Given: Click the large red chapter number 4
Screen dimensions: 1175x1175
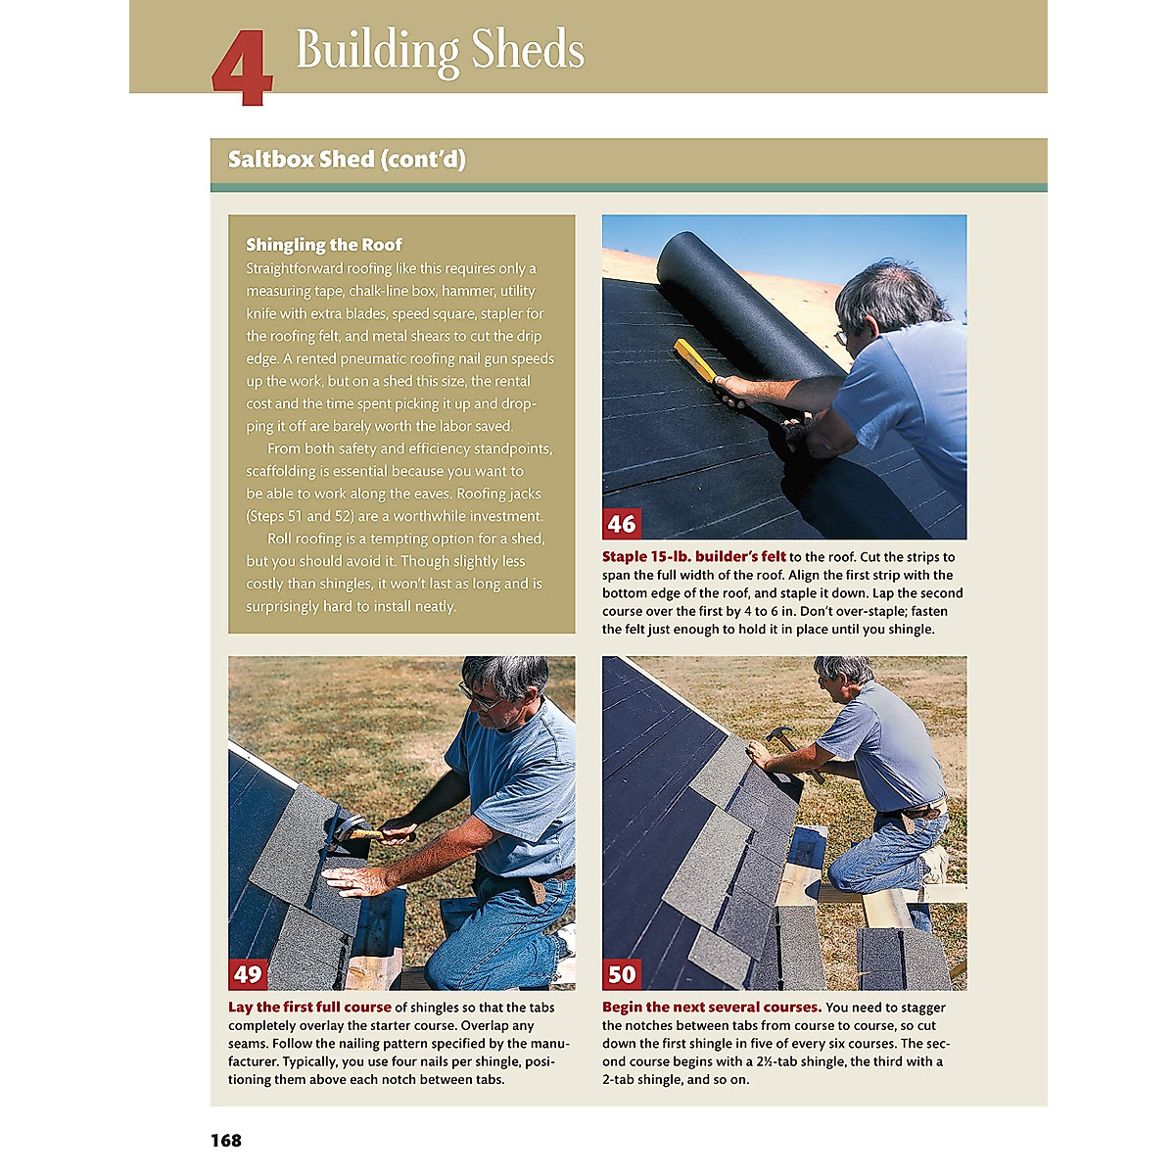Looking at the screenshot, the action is click(x=242, y=68).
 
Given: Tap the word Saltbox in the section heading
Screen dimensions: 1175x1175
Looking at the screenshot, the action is click(x=270, y=160).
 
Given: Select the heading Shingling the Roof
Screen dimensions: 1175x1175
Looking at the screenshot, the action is click(x=324, y=245).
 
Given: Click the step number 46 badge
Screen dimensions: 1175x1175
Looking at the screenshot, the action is click(x=622, y=524).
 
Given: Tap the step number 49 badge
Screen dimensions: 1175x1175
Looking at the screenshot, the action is click(x=248, y=973).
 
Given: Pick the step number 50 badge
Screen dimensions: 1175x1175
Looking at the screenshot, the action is click(x=622, y=973).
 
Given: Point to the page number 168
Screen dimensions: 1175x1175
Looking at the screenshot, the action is click(x=225, y=1141).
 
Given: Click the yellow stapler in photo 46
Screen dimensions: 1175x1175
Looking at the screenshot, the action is click(x=697, y=361).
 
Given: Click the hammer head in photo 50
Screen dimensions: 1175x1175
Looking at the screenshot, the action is click(x=776, y=734).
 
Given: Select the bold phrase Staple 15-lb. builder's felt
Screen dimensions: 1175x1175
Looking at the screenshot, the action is click(x=694, y=557).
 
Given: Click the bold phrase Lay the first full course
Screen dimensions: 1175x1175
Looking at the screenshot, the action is click(x=309, y=1007).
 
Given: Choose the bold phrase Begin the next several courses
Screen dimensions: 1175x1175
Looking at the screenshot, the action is click(x=712, y=1007).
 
